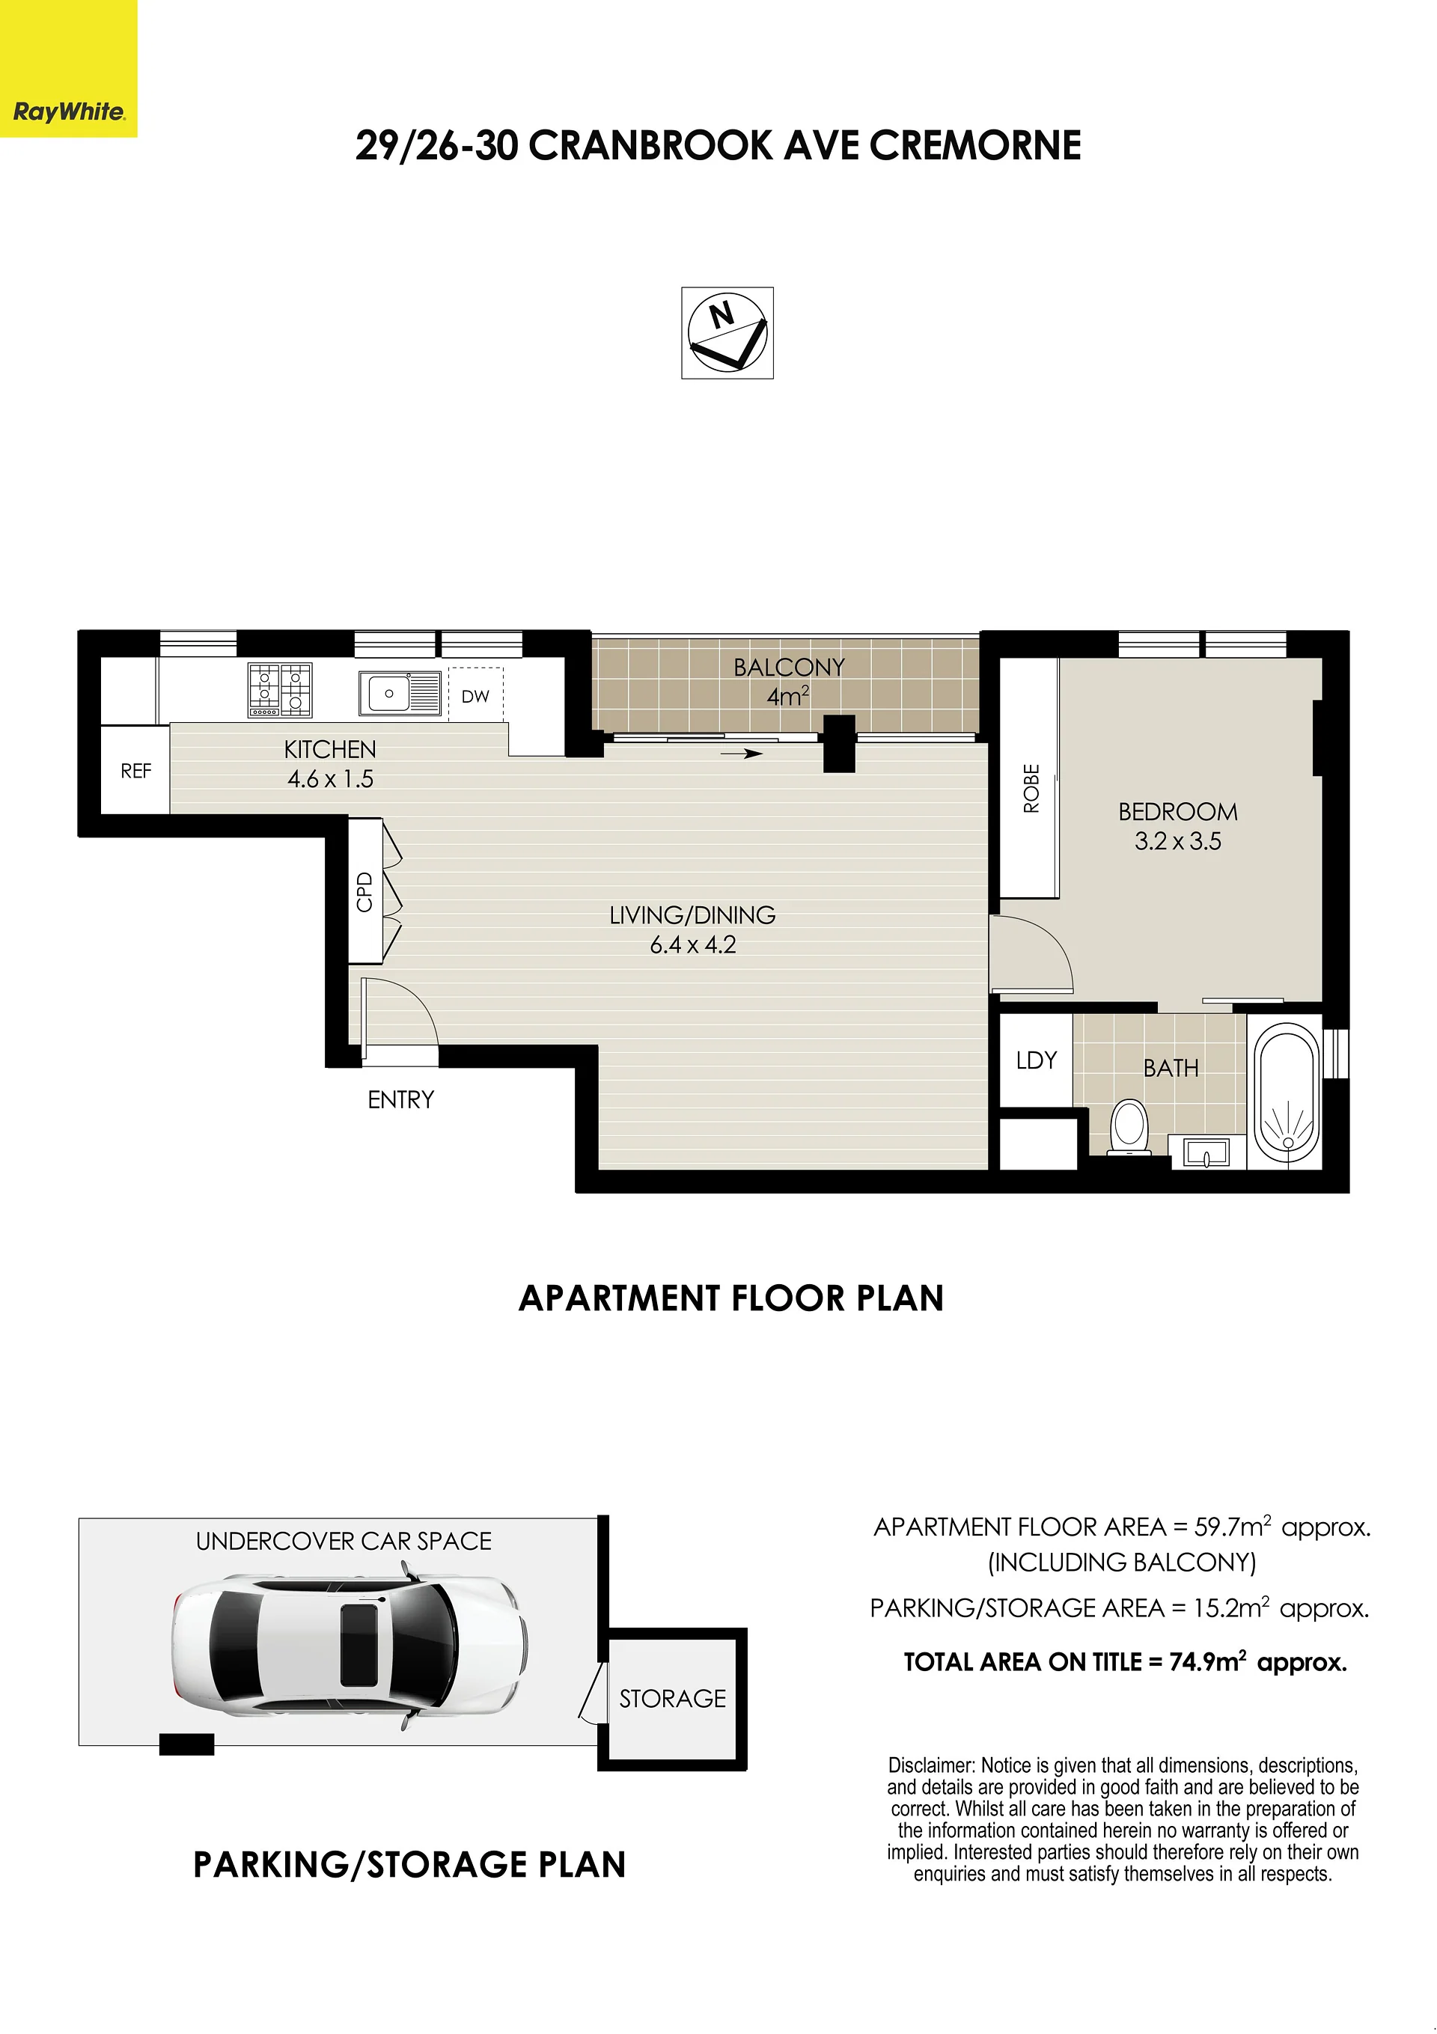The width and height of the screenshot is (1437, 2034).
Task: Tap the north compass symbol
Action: [x=727, y=333]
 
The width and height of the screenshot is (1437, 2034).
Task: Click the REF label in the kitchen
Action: [x=135, y=771]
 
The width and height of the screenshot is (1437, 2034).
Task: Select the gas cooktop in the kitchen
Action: [x=279, y=690]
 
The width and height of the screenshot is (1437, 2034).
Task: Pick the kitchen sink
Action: [x=400, y=693]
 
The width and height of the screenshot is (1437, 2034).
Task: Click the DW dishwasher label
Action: [x=475, y=696]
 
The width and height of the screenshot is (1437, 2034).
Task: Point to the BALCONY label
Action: [x=789, y=667]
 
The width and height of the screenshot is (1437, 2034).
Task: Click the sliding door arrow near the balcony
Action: [x=742, y=754]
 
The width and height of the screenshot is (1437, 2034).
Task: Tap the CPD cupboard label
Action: [x=364, y=891]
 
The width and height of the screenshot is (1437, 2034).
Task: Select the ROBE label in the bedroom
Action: [x=1031, y=789]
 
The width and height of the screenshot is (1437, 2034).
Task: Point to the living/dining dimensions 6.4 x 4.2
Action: [x=693, y=944]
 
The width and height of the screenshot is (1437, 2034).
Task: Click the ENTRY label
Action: [x=400, y=1099]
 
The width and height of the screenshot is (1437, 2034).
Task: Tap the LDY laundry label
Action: [x=1037, y=1060]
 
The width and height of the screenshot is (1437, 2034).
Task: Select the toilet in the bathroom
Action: [x=1129, y=1127]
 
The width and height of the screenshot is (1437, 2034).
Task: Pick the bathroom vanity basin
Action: [x=1206, y=1152]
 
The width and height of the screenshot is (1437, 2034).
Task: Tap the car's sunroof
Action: [x=359, y=1643]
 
